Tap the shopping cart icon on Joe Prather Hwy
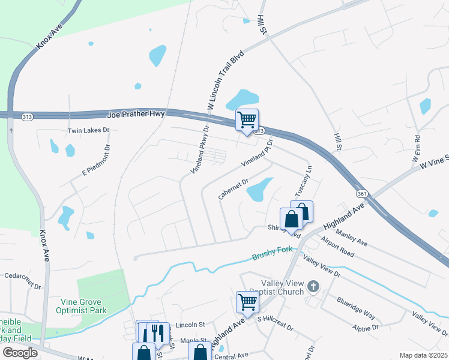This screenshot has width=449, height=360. coord(247,120)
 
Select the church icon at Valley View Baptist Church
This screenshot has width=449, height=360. coord(312,287)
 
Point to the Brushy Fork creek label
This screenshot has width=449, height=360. coord(271,256)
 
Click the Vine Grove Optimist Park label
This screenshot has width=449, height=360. coord(83,306)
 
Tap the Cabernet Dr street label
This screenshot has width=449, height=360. coord(234,187)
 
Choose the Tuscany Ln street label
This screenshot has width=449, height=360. coord(303,180)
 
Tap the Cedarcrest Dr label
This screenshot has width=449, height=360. coord(22,276)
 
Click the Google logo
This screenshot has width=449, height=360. coord(20,352)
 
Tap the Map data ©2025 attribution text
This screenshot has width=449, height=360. coord(423,355)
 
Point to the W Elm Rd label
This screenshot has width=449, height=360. coord(417,152)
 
